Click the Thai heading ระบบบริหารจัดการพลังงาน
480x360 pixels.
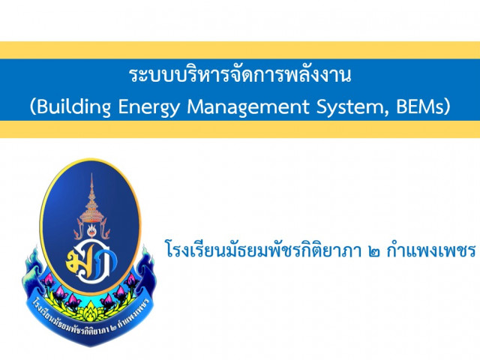(240, 74)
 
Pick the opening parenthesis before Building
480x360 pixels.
(33, 107)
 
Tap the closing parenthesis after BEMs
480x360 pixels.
(447, 107)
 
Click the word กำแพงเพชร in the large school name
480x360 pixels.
(431, 250)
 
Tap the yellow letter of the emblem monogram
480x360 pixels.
(75, 259)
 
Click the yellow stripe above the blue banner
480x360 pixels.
(240, 50)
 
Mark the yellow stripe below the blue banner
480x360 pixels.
(240, 129)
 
